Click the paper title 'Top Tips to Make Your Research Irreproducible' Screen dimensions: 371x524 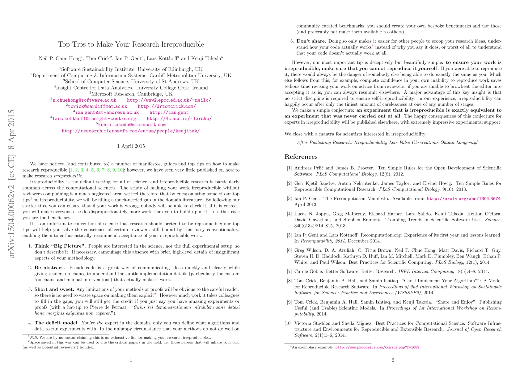(131, 45)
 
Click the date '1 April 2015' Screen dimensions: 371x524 (131, 146)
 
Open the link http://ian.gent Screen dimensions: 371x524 (169, 113)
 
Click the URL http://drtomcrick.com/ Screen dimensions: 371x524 (167, 106)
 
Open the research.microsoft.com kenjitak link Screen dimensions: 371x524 (131, 131)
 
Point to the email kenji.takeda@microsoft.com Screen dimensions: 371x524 (132, 125)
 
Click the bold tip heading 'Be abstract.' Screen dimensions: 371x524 (49, 268)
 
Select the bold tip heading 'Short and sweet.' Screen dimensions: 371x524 (54, 289)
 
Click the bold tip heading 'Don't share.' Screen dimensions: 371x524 (311, 41)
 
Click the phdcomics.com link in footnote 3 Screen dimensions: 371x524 (377, 348)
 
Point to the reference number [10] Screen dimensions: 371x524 (288, 323)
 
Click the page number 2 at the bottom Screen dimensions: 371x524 (393, 360)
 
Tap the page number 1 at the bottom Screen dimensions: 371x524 (131, 360)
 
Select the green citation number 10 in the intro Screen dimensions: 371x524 (120, 170)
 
